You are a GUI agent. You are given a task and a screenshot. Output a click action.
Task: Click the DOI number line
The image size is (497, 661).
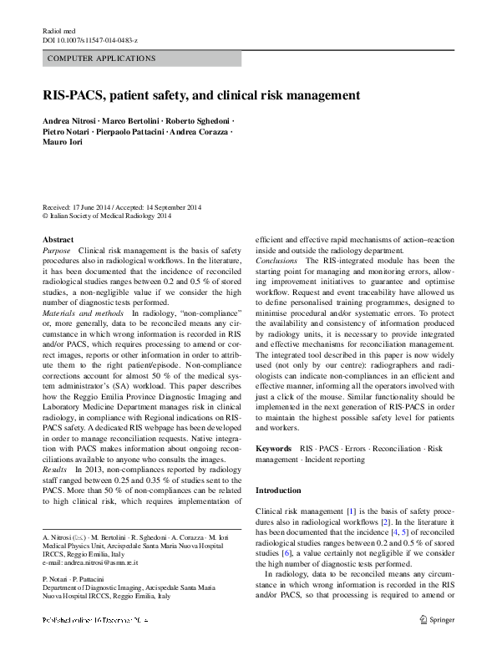pos(90,40)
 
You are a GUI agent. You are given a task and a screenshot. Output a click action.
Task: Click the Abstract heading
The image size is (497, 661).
pos(58,239)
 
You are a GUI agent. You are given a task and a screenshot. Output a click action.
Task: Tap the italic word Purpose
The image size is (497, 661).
pos(57,250)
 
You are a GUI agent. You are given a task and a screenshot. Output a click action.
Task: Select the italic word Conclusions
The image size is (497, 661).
pos(276,260)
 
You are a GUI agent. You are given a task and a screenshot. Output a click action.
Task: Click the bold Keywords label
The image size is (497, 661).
pos(273,449)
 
